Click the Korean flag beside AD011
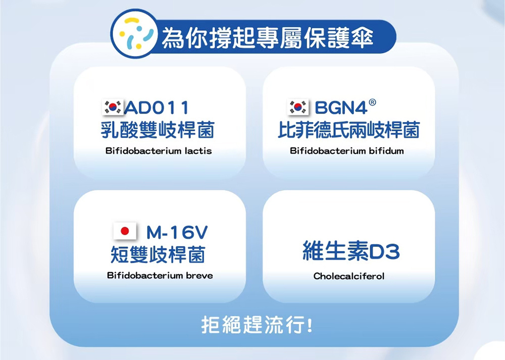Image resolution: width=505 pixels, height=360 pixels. click(113, 107)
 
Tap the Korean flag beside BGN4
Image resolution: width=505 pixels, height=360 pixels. click(298, 107)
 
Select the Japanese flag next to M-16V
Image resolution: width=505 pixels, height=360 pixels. click(125, 231)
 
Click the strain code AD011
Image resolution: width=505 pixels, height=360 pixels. click(157, 108)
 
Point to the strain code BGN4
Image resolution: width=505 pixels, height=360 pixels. click(341, 108)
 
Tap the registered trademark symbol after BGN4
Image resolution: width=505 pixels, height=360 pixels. click(372, 102)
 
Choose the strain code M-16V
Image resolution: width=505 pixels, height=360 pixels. click(177, 232)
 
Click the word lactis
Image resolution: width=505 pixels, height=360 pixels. click(198, 150)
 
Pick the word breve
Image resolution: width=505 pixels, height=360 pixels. click(199, 276)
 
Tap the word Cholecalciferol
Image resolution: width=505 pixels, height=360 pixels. click(349, 276)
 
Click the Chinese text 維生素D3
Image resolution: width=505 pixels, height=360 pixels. click(351, 251)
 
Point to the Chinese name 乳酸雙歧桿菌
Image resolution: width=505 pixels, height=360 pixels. click(158, 130)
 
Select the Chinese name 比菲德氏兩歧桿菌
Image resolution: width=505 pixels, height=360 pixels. click(349, 130)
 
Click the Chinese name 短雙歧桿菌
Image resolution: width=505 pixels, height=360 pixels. click(158, 254)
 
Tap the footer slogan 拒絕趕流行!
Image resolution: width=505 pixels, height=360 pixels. click(257, 325)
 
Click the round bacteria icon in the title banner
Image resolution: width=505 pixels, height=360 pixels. click(134, 34)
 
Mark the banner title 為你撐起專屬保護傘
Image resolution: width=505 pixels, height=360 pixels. click(267, 38)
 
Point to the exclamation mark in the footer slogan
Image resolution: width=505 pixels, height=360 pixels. click(310, 325)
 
